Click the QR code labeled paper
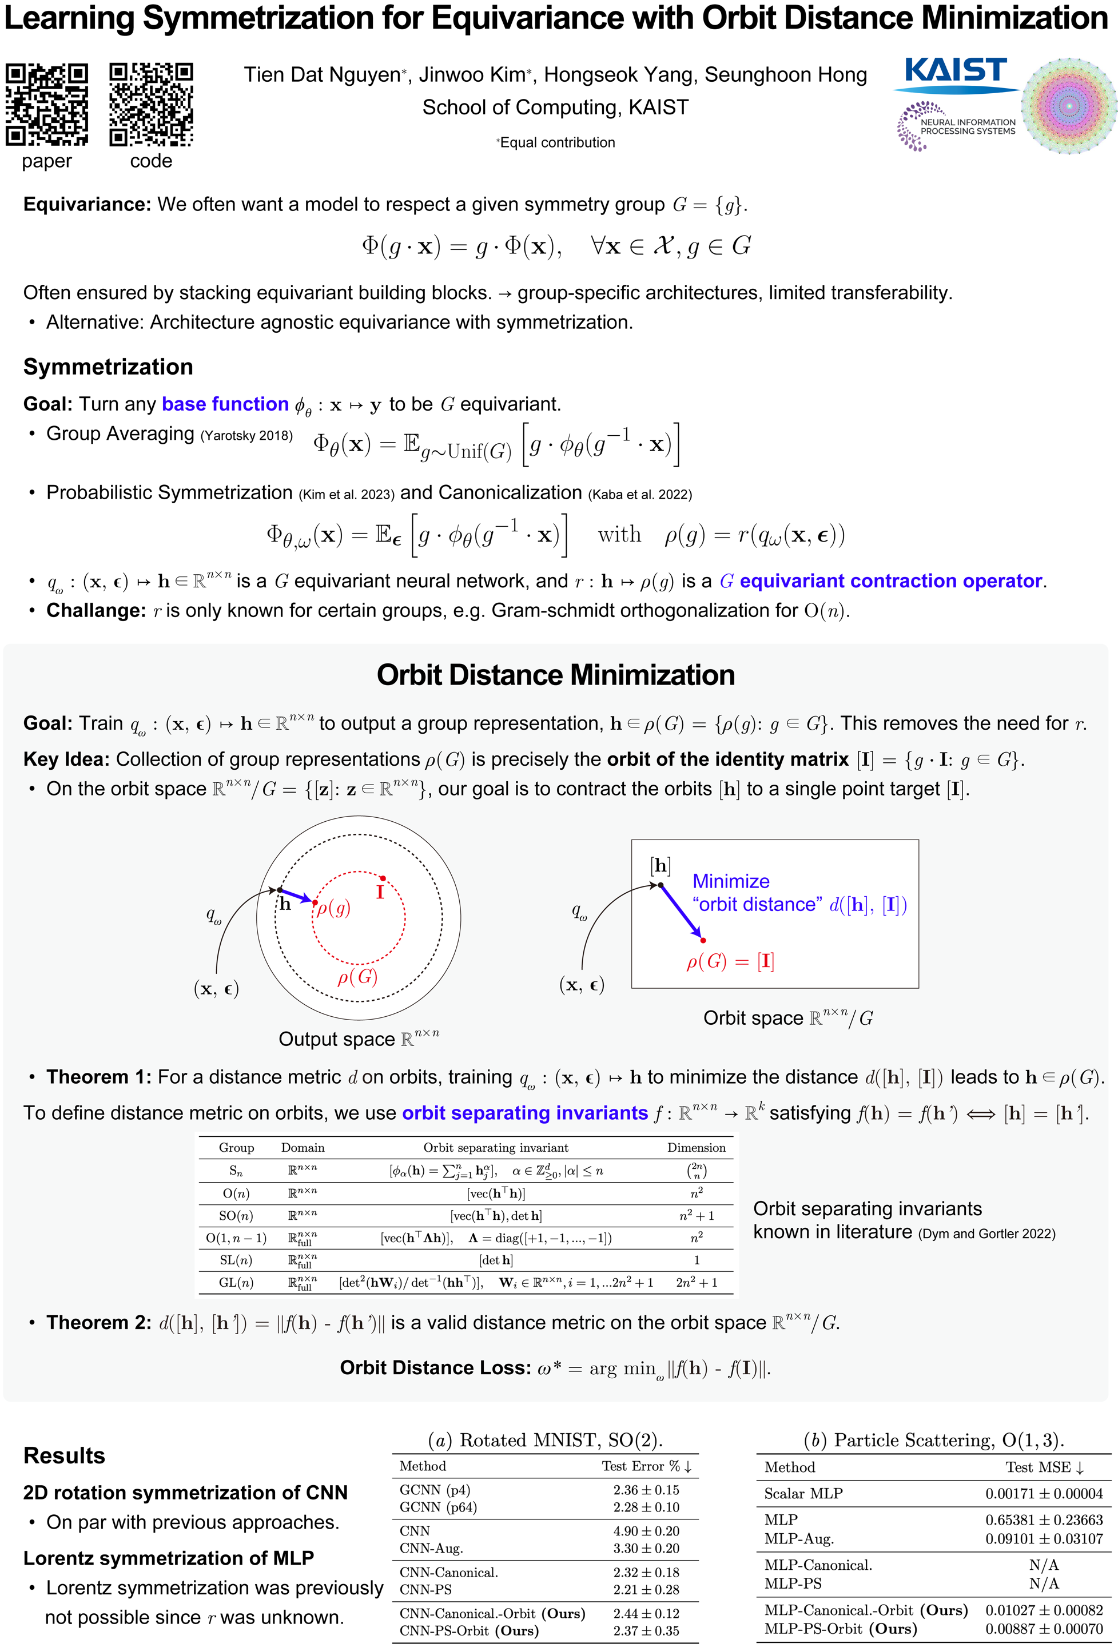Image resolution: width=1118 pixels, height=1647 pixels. click(x=47, y=104)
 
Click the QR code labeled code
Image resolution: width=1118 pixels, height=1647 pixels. click(x=151, y=104)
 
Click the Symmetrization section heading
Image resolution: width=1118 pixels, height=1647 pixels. click(x=109, y=367)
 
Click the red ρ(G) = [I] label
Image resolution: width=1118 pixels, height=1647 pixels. click(x=730, y=962)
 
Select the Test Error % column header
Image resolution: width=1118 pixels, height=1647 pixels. click(x=646, y=1466)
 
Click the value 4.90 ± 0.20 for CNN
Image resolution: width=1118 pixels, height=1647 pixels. click(x=646, y=1531)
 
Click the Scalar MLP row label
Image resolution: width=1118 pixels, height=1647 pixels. click(x=803, y=1493)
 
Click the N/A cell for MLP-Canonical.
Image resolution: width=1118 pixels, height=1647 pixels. click(x=1044, y=1565)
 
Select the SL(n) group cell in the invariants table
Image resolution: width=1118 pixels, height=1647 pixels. click(x=236, y=1260)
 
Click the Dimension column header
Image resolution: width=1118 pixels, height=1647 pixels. click(x=696, y=1147)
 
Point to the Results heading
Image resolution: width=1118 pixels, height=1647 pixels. click(x=65, y=1455)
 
